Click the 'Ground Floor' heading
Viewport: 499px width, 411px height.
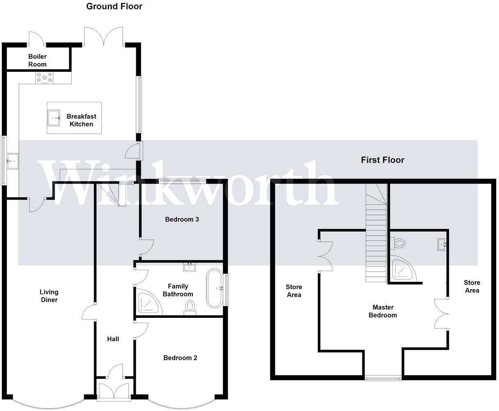tap(114, 6)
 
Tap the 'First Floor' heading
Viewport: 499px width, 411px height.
tap(382, 160)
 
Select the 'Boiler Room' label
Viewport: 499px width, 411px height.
tap(37, 60)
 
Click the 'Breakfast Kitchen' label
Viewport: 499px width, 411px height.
tap(81, 120)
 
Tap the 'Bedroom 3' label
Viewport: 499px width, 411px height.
tap(182, 219)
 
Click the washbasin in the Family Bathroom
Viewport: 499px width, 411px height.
tap(190, 268)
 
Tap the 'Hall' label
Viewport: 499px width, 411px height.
tap(113, 339)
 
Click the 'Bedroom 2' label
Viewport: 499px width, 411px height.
tap(180, 358)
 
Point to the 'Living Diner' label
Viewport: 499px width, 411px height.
tap(49, 296)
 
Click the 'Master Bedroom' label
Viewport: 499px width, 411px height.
tap(383, 311)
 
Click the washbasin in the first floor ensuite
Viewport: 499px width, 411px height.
tap(442, 245)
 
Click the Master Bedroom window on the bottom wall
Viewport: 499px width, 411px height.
tap(383, 378)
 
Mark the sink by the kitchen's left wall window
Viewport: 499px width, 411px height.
tap(12, 161)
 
